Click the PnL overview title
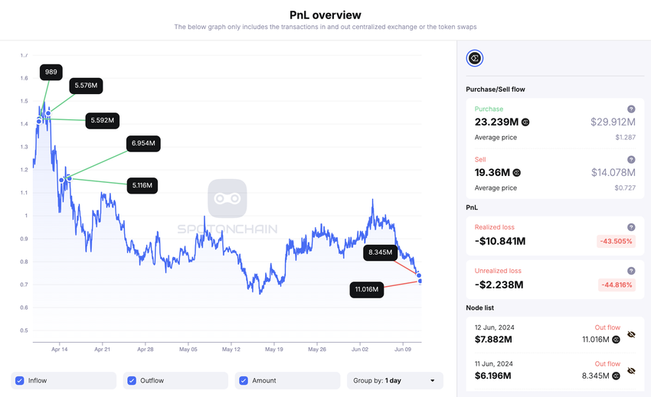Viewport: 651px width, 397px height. click(325, 15)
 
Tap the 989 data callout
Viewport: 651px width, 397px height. click(51, 72)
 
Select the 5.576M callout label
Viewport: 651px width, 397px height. click(86, 86)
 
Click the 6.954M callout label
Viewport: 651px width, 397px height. click(143, 143)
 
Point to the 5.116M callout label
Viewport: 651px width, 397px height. click(142, 185)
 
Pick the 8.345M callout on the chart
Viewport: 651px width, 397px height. click(380, 252)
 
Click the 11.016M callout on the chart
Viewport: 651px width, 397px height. click(366, 289)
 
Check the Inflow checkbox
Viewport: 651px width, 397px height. click(19, 380)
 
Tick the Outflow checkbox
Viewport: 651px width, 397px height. click(132, 380)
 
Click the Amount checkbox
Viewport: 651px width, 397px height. click(244, 380)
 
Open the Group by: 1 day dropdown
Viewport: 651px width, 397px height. click(394, 380)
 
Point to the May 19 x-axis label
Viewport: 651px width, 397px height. click(273, 349)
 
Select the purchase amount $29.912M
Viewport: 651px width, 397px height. click(613, 122)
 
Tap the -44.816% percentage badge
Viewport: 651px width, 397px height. click(617, 285)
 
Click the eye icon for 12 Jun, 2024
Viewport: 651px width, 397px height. click(631, 334)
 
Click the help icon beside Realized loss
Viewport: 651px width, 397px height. click(631, 227)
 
